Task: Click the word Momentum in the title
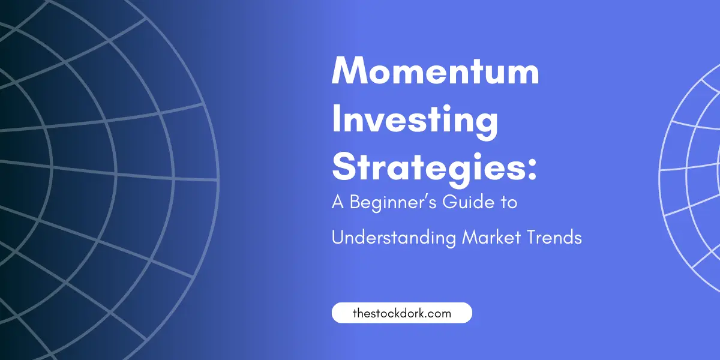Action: [x=436, y=70]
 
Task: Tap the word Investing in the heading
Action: [x=415, y=122]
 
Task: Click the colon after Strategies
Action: [x=532, y=170]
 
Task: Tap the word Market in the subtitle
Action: [x=491, y=238]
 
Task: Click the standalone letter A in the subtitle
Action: [x=338, y=202]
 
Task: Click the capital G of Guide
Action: [x=449, y=202]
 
